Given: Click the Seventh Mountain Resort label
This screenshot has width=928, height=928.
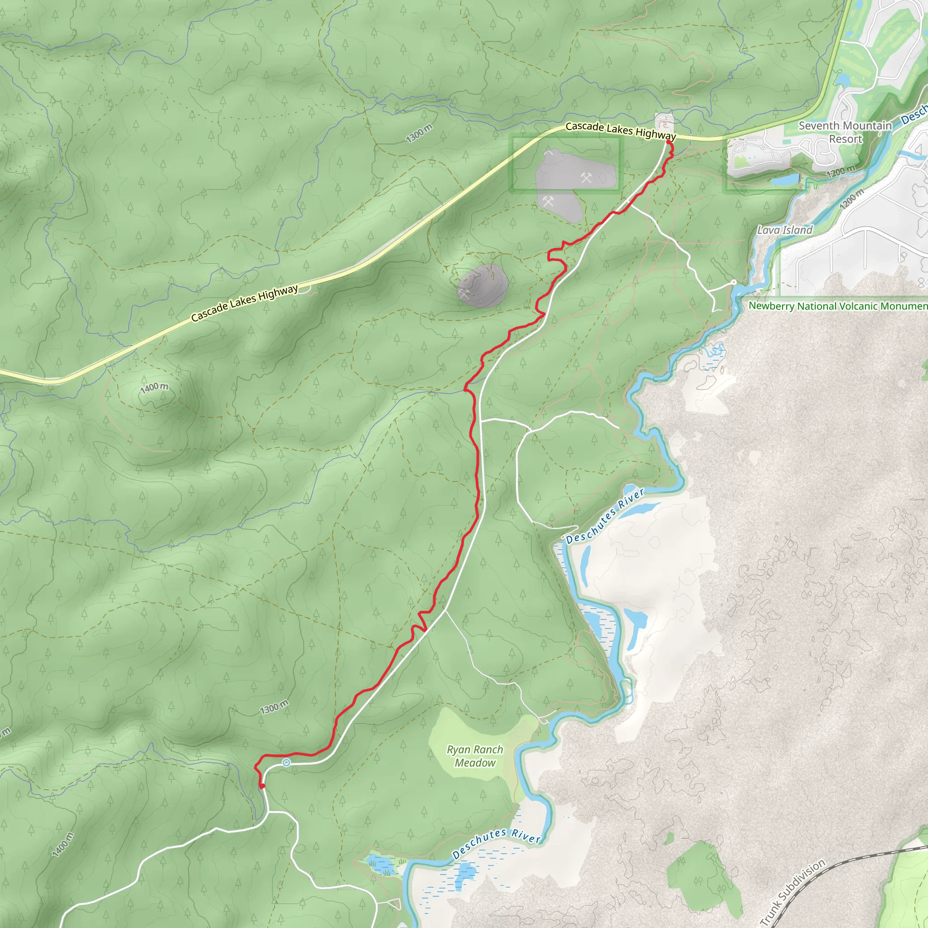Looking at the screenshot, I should click(845, 133).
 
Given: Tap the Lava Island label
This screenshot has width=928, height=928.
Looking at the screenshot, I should click(784, 230).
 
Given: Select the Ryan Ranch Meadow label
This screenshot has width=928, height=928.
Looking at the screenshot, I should click(474, 756).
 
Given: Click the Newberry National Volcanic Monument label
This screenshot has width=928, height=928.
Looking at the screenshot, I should click(838, 306).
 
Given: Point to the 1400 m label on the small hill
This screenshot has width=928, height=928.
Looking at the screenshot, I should click(154, 387).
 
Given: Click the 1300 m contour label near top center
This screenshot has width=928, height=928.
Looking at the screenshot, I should click(419, 133).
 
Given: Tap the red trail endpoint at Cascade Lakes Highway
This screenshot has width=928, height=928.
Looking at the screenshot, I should click(668, 143).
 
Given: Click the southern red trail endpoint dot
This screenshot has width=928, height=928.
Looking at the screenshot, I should click(262, 786).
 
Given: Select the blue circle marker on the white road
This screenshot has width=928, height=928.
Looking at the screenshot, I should click(286, 763).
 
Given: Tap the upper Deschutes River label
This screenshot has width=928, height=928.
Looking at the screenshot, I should click(605, 517).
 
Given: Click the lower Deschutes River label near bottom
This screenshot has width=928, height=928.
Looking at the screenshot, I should click(497, 843).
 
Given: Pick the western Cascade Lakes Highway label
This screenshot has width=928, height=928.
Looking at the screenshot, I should click(245, 303).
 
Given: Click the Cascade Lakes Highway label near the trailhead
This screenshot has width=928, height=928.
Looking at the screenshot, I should click(620, 130).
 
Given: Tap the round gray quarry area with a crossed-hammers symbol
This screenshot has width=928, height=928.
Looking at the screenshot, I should click(482, 286).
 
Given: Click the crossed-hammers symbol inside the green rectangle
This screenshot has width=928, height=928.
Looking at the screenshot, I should click(586, 178).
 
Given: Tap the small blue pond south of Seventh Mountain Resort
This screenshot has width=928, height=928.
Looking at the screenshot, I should click(783, 179).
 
